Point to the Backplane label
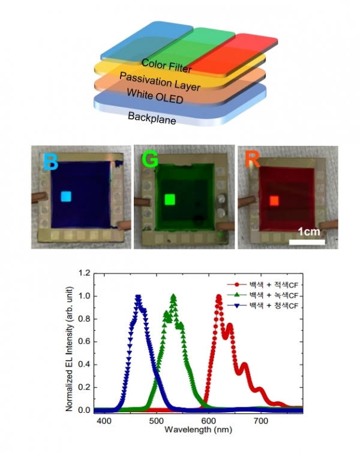click(x=152, y=118)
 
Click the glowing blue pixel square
click(x=66, y=196)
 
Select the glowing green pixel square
click(x=169, y=199)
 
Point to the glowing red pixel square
click(x=274, y=200)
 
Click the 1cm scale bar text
click(x=307, y=231)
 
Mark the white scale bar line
click(x=307, y=242)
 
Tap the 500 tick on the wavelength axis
click(x=157, y=422)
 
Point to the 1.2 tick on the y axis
click(x=86, y=273)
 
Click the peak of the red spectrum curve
click(x=219, y=296)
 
